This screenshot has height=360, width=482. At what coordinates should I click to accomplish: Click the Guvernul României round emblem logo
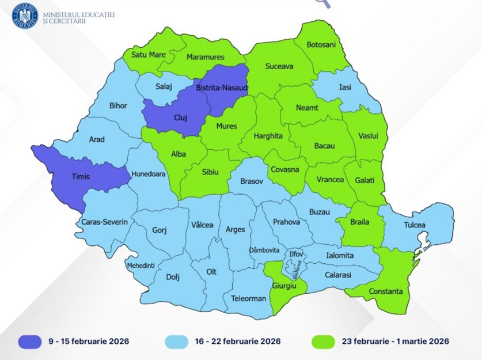click(24, 15)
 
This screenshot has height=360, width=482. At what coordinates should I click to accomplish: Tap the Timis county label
click(81, 177)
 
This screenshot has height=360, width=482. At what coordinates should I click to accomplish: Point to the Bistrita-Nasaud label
click(222, 87)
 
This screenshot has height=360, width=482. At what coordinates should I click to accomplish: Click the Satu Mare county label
click(149, 55)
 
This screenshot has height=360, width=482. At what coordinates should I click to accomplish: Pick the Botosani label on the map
click(321, 44)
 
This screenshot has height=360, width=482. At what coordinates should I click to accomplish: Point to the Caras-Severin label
click(104, 222)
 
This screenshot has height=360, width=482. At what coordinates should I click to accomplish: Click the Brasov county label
click(251, 181)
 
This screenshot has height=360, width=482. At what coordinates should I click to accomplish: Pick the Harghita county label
click(268, 136)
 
